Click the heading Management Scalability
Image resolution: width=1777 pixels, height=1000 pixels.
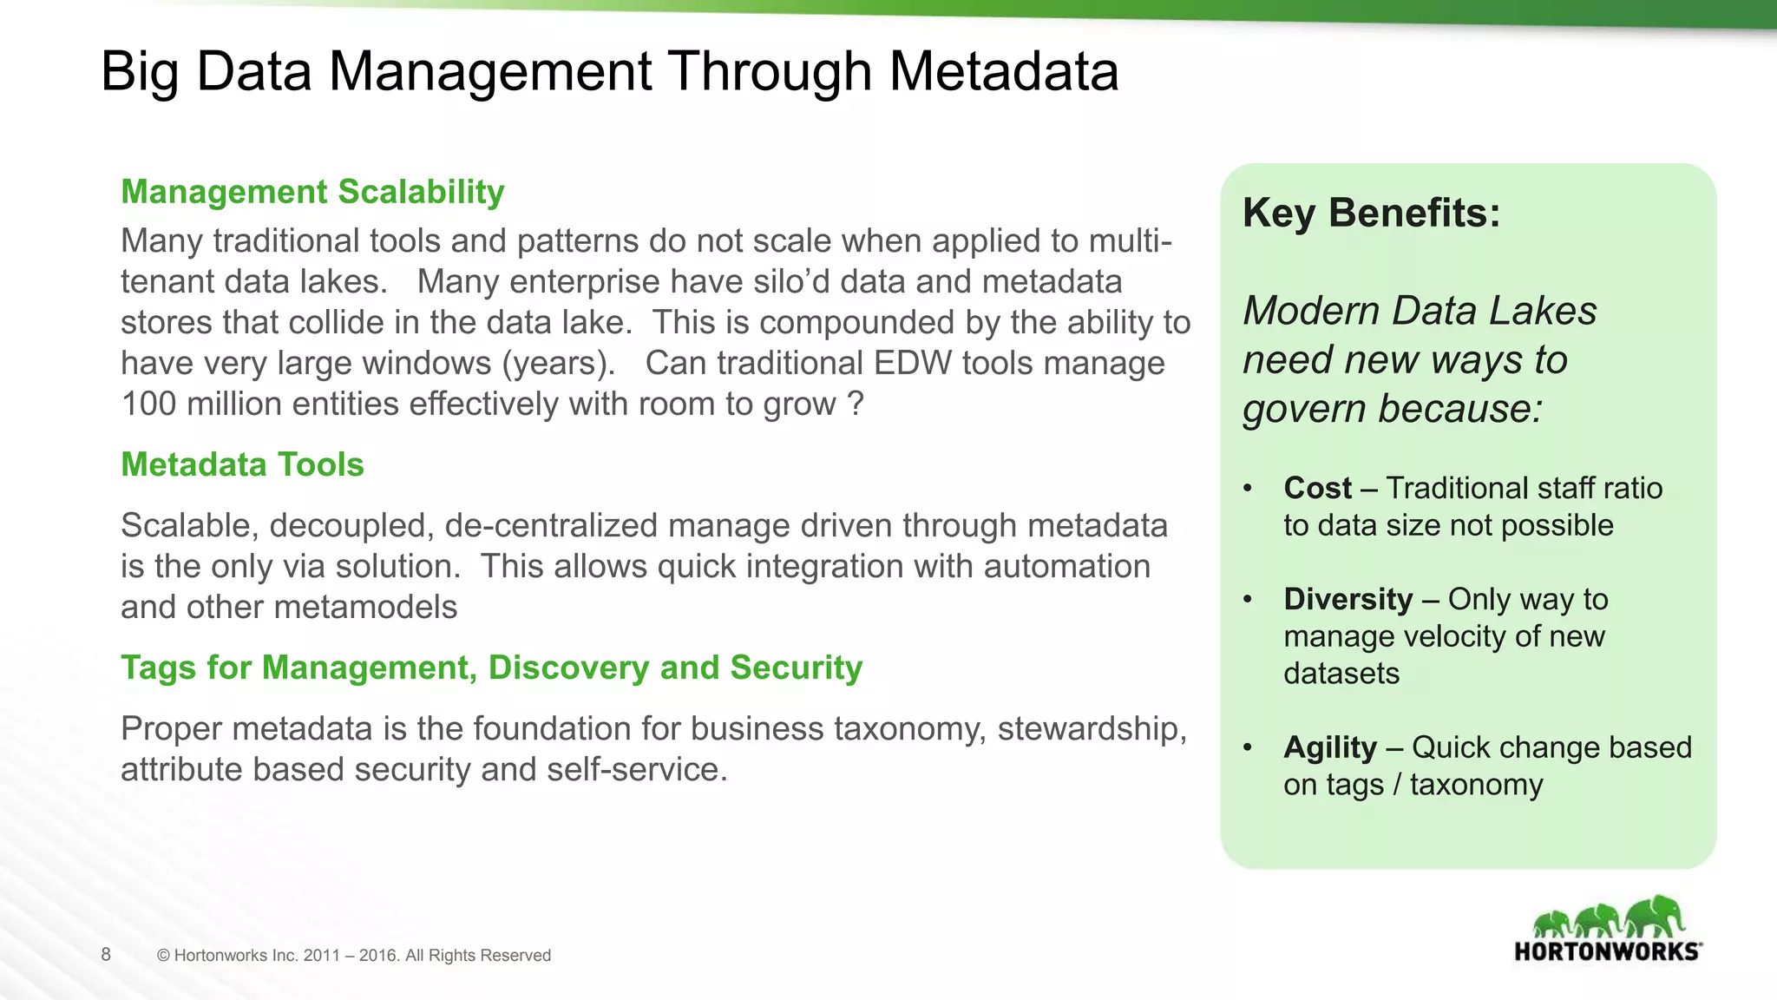pos(312,192)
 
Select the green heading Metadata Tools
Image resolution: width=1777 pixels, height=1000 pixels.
pos(242,464)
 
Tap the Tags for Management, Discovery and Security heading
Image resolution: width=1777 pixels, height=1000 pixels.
pos(491,668)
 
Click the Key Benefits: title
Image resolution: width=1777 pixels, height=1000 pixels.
pos(1371,213)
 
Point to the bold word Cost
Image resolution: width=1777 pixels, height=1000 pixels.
pos(1317,488)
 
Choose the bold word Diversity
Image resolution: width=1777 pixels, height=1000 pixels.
pos(1348,599)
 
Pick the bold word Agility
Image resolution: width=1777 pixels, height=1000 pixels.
pos(1329,747)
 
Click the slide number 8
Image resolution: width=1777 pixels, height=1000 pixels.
pos(106,955)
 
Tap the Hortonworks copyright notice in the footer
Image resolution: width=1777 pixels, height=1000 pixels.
pos(354,956)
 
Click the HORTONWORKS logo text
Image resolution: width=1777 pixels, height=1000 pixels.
pos(1607,951)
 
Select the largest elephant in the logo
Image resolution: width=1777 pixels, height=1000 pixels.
pos(1655,917)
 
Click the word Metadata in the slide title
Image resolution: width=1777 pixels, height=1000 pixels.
pos(1004,71)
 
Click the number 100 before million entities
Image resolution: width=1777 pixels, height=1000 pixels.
pos(148,405)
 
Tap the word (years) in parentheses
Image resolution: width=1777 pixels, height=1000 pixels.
pos(558,363)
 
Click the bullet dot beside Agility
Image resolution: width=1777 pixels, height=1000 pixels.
pos(1248,747)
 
